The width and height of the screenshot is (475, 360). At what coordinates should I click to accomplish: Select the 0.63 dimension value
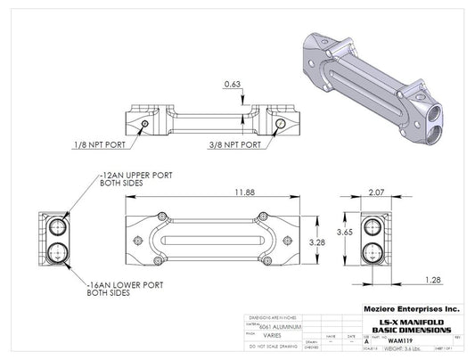click(232, 85)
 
